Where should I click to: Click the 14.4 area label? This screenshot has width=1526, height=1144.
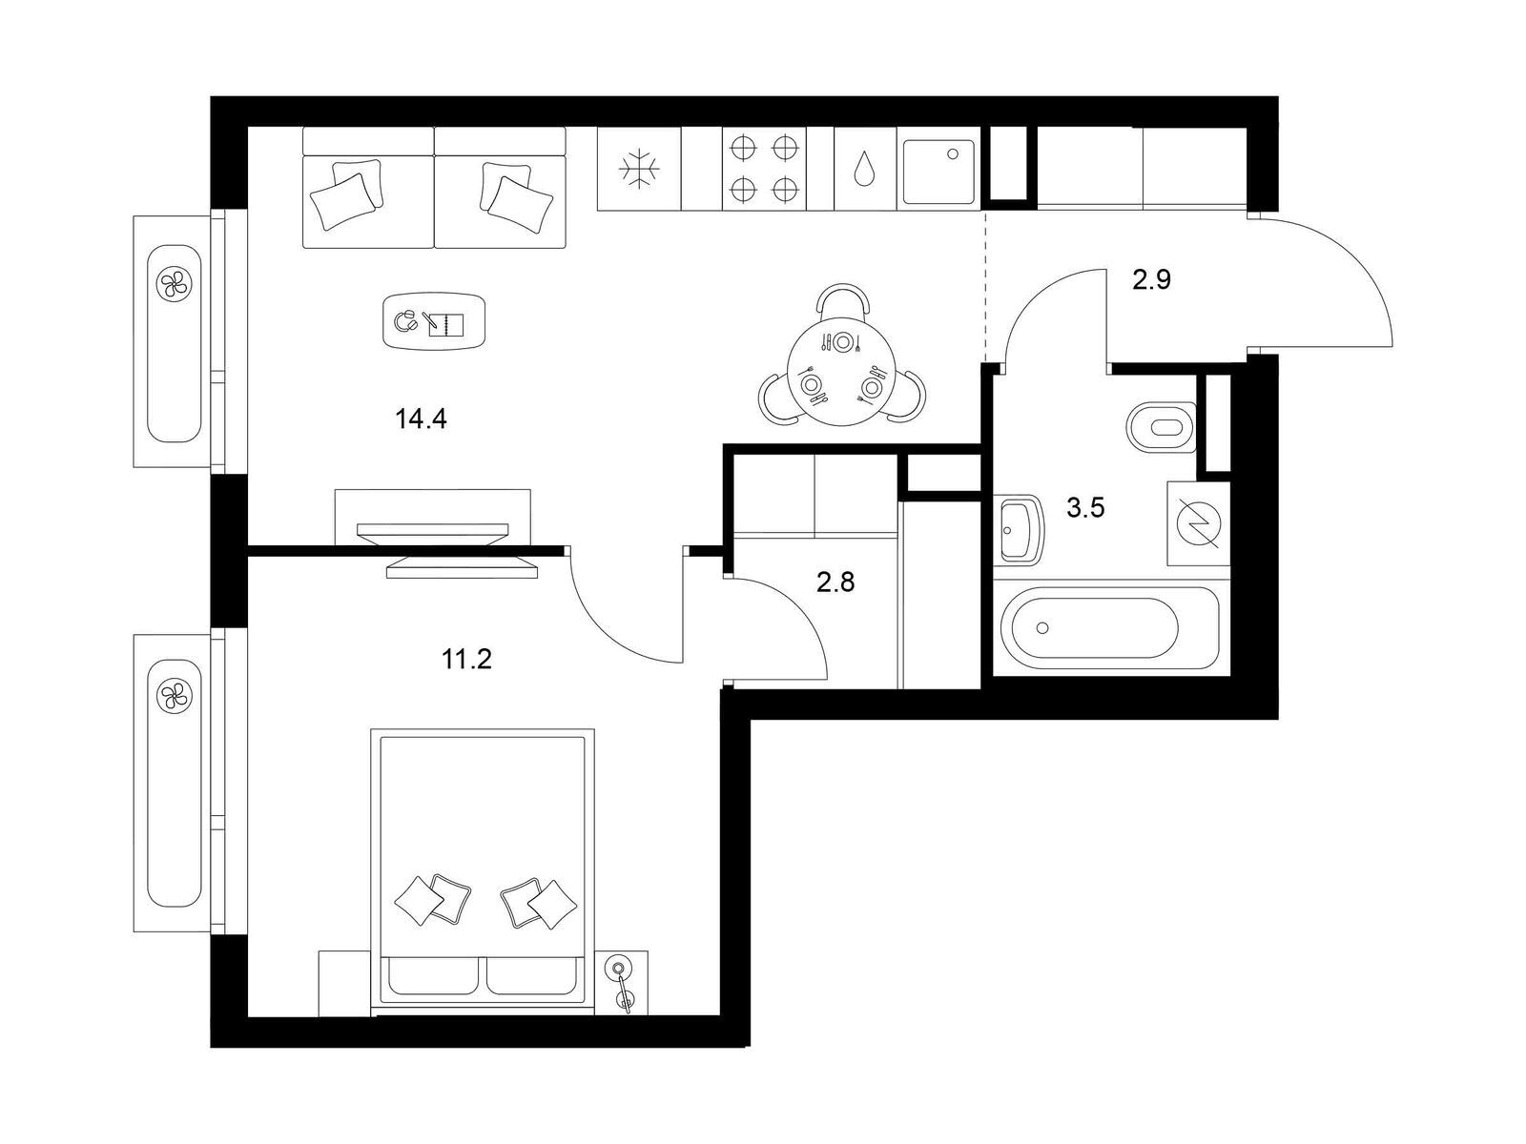[421, 419]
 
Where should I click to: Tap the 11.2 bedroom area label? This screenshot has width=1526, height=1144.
[466, 659]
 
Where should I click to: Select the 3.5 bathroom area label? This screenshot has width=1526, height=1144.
[1085, 508]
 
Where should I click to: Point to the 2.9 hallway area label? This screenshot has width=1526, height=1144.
[1151, 279]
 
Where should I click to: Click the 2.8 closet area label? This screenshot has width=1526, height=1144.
[835, 582]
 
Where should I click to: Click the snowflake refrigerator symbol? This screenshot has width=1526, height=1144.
[639, 168]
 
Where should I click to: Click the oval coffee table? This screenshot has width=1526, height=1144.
[434, 321]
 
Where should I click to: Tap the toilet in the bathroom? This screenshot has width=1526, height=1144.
[1160, 427]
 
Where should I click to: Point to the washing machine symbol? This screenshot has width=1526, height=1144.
[1198, 523]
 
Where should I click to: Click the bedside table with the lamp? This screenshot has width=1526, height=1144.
[622, 983]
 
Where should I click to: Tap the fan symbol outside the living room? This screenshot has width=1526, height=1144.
[174, 285]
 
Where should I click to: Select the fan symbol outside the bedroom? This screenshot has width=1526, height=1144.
[174, 695]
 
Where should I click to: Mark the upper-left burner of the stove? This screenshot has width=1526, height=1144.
[743, 148]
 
